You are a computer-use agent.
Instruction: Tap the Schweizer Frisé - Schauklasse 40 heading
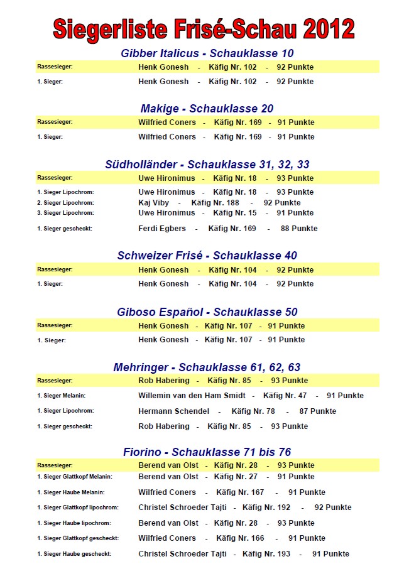(207, 256)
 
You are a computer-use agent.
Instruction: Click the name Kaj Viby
(153, 203)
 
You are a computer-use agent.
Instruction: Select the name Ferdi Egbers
(163, 229)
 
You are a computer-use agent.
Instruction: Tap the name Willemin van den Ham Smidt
(192, 396)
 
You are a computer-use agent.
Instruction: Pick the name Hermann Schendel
(173, 411)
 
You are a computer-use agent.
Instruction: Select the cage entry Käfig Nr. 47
(285, 396)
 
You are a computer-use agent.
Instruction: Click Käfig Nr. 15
(234, 213)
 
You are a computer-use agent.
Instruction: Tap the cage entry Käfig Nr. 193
(266, 554)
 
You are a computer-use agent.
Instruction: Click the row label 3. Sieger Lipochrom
(65, 213)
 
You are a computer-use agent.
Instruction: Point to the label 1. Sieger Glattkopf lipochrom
(78, 507)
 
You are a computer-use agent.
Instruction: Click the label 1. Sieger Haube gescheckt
(74, 554)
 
